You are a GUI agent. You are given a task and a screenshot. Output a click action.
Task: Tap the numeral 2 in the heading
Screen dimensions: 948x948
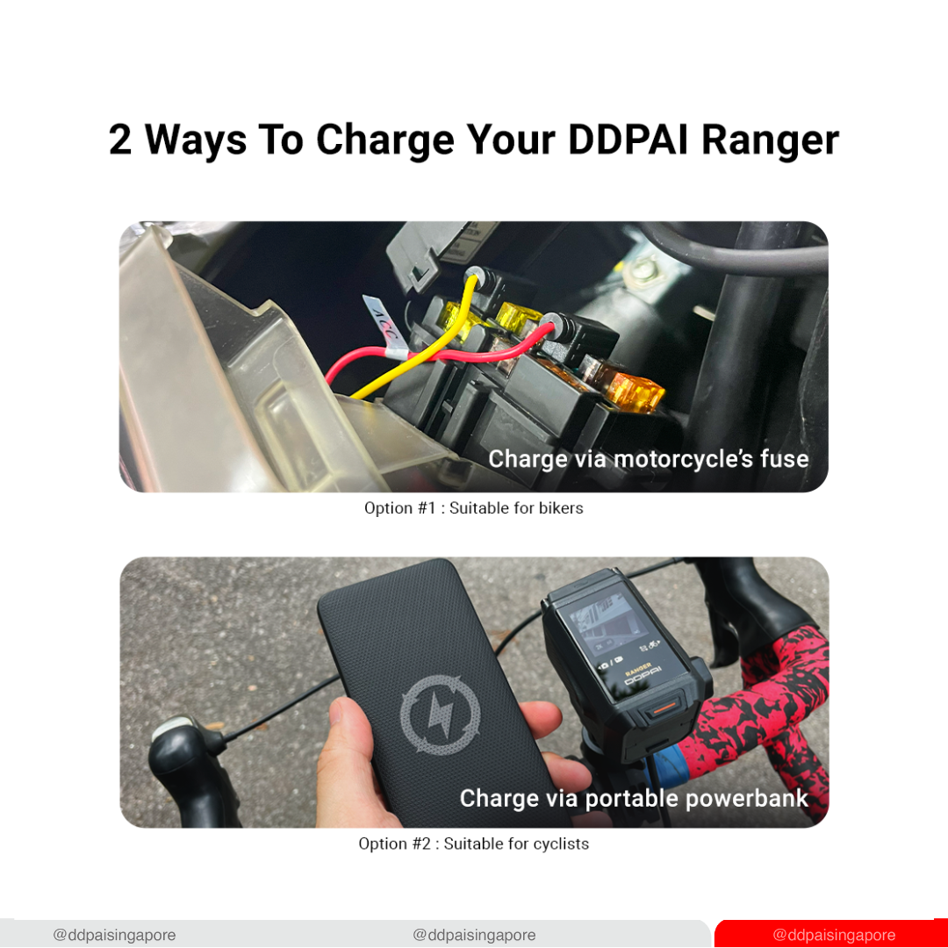[119, 140]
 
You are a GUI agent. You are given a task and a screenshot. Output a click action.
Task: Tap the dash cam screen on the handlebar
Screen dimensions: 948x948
[612, 642]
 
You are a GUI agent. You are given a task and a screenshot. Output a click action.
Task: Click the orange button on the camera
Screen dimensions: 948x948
[664, 708]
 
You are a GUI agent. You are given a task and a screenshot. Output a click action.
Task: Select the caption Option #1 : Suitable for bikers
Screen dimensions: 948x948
[473, 508]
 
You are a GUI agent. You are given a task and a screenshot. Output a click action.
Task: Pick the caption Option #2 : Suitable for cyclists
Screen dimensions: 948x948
[473, 844]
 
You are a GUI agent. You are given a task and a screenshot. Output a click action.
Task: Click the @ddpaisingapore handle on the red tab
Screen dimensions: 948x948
[834, 935]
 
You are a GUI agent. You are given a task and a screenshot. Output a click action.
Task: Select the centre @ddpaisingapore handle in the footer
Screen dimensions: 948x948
[474, 935]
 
